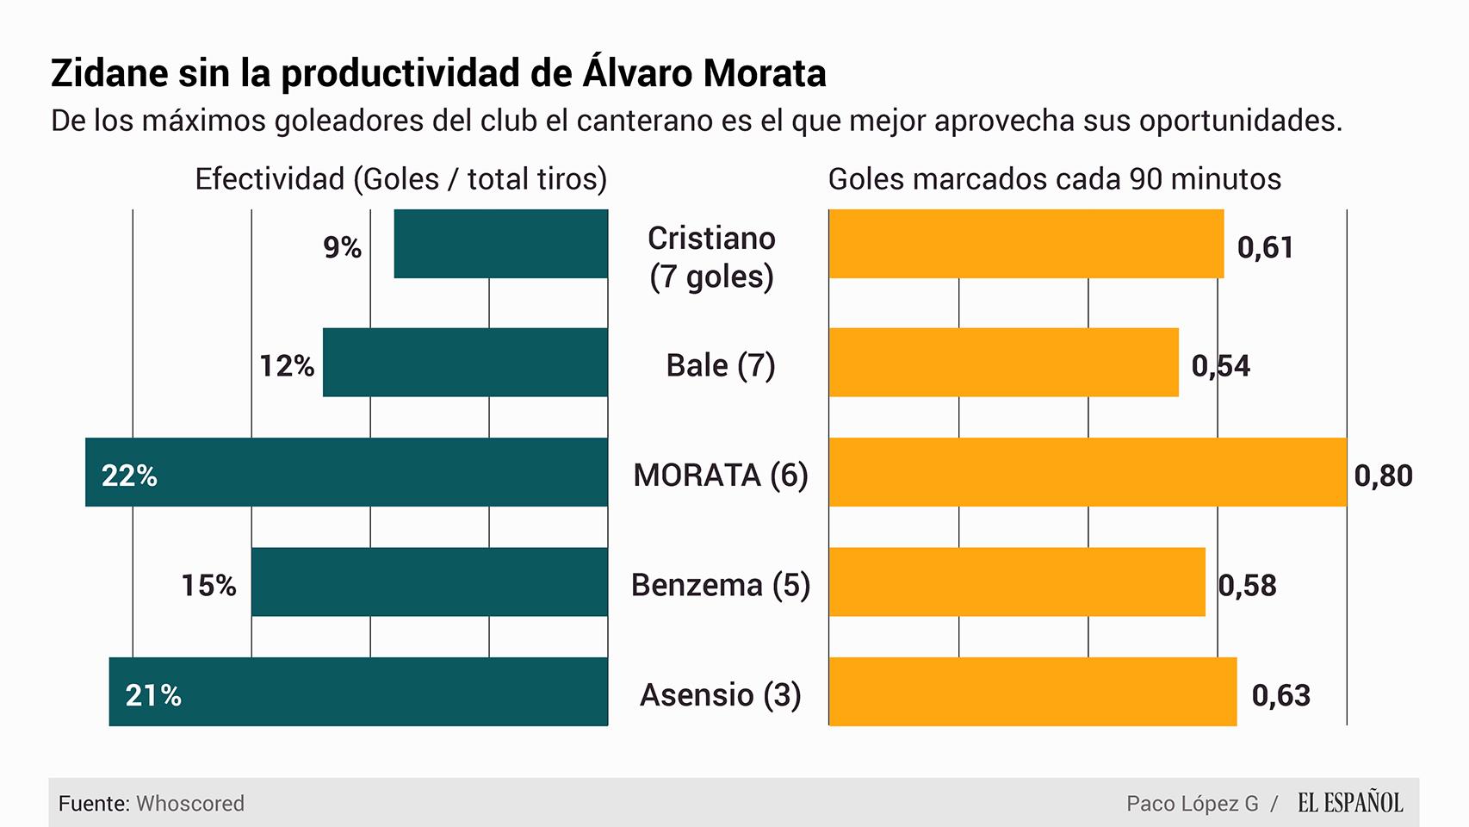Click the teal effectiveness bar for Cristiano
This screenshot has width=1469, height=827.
(500, 244)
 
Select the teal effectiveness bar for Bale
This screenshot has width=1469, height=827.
(465, 362)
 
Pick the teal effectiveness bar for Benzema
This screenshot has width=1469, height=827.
(429, 581)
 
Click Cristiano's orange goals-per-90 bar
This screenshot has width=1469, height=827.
(1026, 244)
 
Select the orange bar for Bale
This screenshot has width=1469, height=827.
(1003, 362)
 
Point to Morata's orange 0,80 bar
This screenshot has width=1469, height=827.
(1087, 472)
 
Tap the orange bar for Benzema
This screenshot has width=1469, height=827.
(1016, 581)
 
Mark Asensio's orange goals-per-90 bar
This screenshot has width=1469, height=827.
(1032, 692)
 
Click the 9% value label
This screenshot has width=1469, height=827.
(342, 247)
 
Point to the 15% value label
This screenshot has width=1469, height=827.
(208, 586)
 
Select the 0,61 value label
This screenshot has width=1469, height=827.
(1265, 247)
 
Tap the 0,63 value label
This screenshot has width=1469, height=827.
(1280, 695)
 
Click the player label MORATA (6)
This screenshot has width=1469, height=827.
(721, 475)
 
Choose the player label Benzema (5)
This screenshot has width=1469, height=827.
(721, 585)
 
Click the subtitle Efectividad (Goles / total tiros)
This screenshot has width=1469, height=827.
(400, 179)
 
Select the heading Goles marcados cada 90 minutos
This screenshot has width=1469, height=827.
(1054, 179)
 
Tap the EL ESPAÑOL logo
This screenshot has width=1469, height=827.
(1349, 803)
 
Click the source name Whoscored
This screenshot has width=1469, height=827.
(190, 804)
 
